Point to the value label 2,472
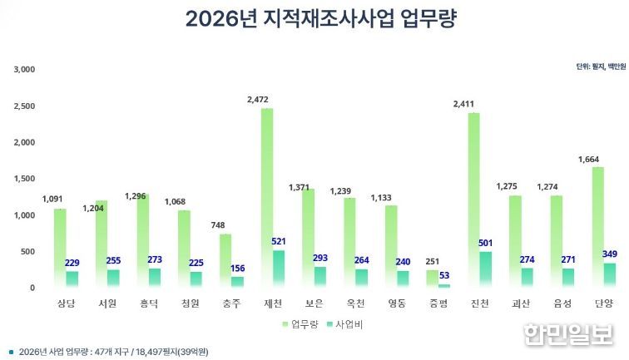(x=259, y=100)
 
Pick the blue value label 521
(x=279, y=241)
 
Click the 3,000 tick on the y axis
(x=24, y=70)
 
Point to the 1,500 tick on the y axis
(x=24, y=179)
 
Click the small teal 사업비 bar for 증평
(x=443, y=285)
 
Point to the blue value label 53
(x=444, y=275)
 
